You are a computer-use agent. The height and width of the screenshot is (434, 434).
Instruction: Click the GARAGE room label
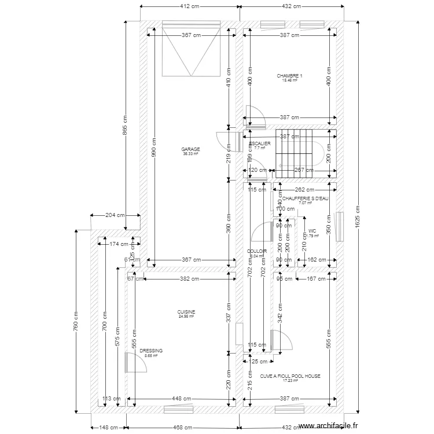[190, 149]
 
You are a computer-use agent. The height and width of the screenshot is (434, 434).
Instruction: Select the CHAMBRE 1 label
[289, 76]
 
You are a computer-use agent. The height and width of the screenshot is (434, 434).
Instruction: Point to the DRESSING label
[151, 351]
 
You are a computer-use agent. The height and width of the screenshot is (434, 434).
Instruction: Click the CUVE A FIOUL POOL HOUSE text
[290, 376]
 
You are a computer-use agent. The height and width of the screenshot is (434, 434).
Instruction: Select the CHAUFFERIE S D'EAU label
[305, 198]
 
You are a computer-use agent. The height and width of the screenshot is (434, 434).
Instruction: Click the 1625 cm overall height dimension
[357, 218]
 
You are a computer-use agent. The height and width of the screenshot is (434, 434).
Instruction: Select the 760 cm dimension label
[75, 322]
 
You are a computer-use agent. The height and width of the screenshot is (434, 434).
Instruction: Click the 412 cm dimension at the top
[190, 7]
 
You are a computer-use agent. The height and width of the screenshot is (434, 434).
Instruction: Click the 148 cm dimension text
[108, 428]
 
